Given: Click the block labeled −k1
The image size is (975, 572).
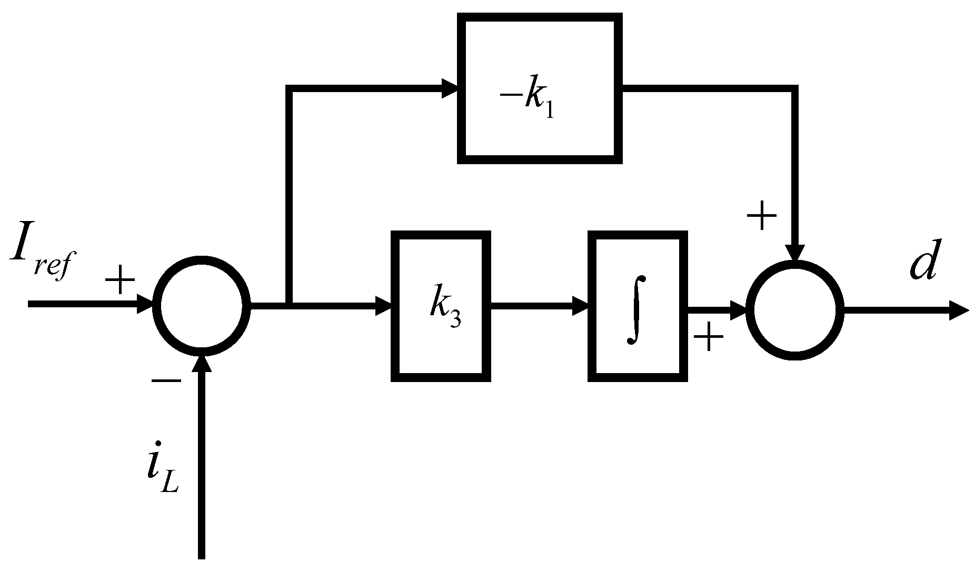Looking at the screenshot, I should (x=540, y=88).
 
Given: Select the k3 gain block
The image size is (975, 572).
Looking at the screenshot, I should (x=441, y=306).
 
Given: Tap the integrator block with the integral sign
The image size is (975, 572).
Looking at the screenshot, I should (x=638, y=306).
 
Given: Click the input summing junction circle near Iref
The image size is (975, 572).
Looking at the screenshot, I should (x=202, y=306).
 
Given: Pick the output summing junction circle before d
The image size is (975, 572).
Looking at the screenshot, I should (x=795, y=310).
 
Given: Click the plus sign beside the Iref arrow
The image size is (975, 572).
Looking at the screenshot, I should (x=121, y=279).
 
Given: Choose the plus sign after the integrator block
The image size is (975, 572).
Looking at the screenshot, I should (x=709, y=337).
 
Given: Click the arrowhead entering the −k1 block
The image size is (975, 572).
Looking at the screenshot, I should (x=450, y=88).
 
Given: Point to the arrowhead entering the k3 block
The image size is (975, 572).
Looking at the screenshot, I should (x=383, y=306).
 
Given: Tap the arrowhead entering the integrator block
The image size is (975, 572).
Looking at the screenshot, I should (x=581, y=306).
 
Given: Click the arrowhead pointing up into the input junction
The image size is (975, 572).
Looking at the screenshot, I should (x=202, y=363).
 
